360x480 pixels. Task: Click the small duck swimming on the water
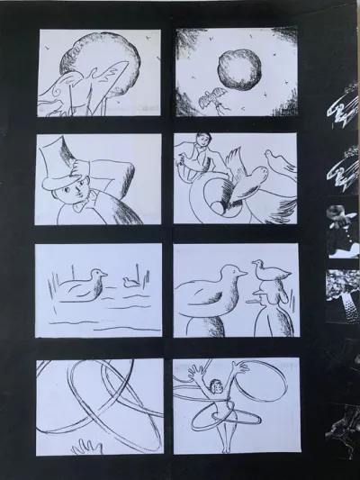click(131, 282)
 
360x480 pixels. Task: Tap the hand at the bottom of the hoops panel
click(87, 448)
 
